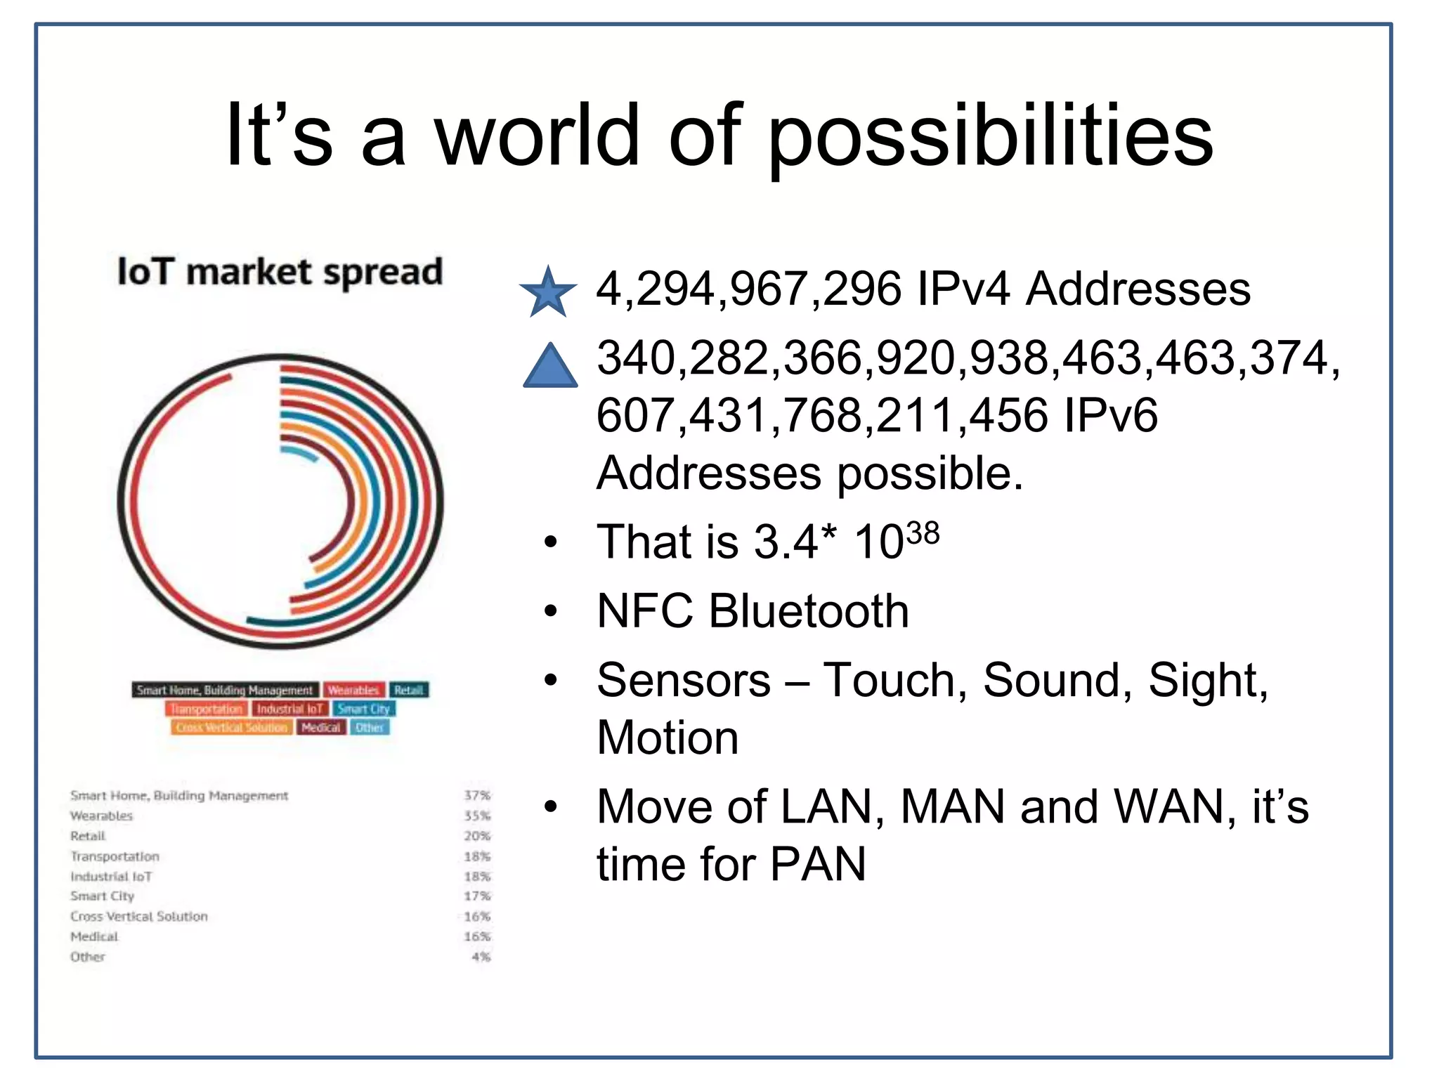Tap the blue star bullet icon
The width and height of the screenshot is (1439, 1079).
[x=548, y=292]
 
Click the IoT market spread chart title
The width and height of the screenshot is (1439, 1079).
[x=280, y=273]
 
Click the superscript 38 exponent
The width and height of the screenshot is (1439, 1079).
[x=922, y=534]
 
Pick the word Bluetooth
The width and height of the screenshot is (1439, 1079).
[x=808, y=610]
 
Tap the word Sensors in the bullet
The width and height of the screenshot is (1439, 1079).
[x=683, y=680]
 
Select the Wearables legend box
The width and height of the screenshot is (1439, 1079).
[x=353, y=690]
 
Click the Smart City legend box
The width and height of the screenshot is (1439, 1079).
[x=363, y=709]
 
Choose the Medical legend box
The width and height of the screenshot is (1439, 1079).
[x=320, y=727]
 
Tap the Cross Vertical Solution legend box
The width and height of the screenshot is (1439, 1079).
[x=231, y=727]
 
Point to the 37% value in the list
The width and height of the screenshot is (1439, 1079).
[x=476, y=795]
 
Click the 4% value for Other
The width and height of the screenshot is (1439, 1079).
[x=481, y=957]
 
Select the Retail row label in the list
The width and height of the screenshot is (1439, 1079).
[x=88, y=836]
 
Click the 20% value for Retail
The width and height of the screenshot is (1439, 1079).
[x=476, y=836]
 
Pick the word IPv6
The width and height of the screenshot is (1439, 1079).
[x=1109, y=415]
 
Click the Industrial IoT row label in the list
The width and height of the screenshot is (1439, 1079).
[x=111, y=877]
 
